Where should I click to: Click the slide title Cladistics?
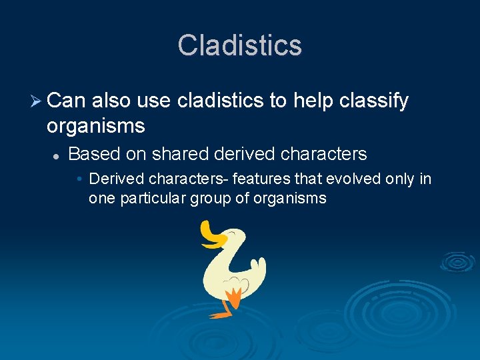tap(240, 45)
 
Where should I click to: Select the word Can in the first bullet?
tap(66, 101)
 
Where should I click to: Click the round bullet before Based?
tap(57, 155)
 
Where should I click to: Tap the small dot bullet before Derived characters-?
tap(79, 179)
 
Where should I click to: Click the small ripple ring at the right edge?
tap(458, 262)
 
